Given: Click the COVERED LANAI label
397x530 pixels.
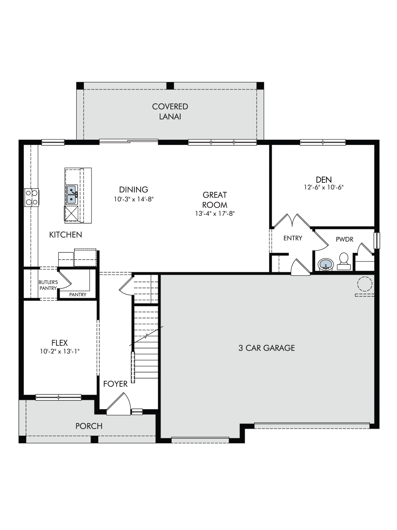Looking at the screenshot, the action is point(170,112).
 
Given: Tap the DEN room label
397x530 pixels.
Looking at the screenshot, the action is point(324,179).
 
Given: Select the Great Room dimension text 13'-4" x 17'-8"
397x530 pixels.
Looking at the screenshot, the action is point(215,214).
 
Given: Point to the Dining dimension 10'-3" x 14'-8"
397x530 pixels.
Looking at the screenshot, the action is point(134,199).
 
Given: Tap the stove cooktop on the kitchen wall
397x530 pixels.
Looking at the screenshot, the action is point(31,197).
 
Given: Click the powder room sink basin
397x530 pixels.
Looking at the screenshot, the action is point(325,264).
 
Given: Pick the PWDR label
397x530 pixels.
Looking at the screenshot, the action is point(345,239).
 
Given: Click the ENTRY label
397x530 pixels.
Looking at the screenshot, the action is point(293,238).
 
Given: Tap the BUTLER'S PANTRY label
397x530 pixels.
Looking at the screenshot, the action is point(48,285).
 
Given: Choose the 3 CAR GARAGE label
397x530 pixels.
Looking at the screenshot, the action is point(267,348).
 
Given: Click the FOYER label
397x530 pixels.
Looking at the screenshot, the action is point(115,384).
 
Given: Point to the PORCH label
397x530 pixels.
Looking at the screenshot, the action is point(89,426).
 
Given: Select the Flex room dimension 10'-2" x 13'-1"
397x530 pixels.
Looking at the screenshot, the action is point(60,351).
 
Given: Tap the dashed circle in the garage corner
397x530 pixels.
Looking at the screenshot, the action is point(365,284).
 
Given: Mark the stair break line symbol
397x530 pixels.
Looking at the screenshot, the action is point(146,336).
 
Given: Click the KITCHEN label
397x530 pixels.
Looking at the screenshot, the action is point(66,235).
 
